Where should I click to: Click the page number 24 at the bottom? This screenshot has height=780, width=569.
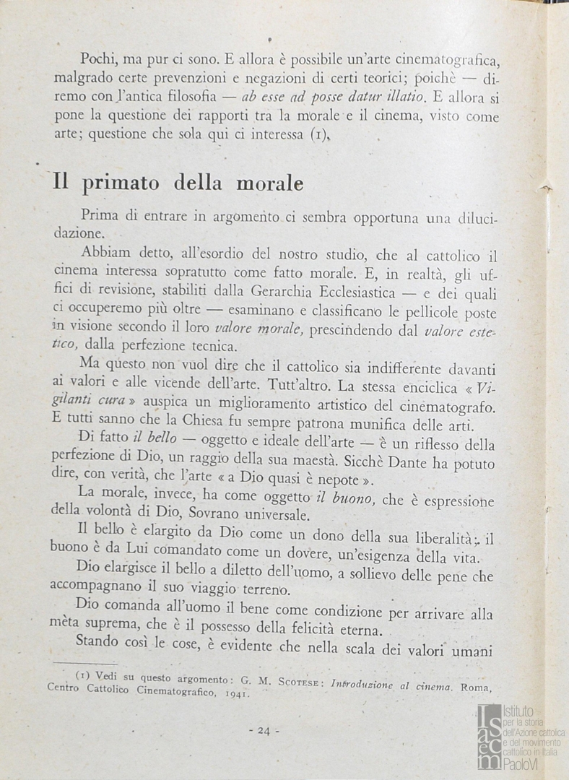pos(263,730)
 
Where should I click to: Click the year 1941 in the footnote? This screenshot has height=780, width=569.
pos(234,694)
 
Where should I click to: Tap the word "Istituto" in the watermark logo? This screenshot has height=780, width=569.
pos(519,712)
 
